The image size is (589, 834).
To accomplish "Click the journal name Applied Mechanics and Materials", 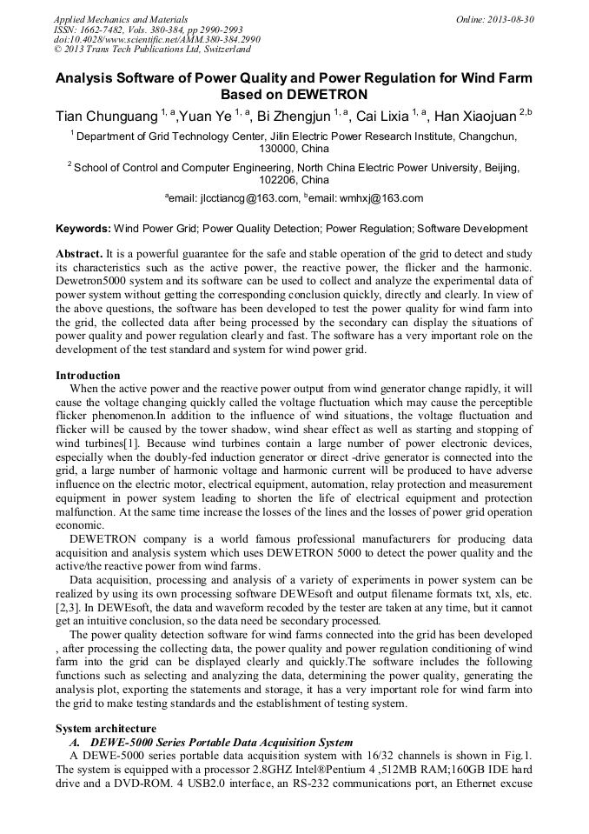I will point(121,18).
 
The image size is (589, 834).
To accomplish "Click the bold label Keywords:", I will point(83,229).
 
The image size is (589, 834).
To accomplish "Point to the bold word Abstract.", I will point(79,252).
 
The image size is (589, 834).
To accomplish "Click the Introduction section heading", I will point(88,376).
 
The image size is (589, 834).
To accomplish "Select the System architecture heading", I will point(105,728).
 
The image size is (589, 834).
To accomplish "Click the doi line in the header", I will point(157,39).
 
